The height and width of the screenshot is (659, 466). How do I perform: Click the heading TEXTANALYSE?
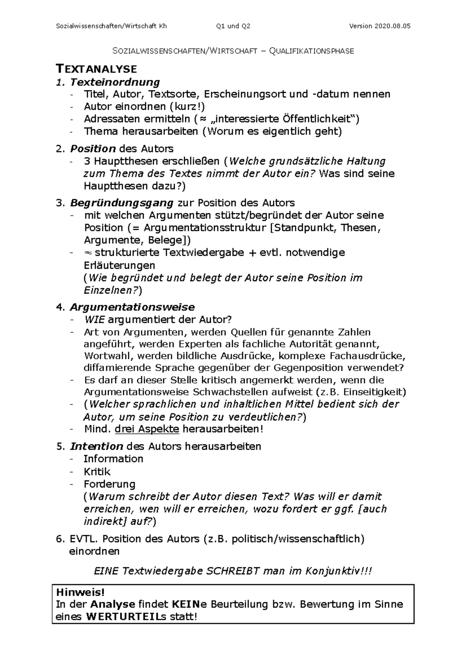coord(97,69)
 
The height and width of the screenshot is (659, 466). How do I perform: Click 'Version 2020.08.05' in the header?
coord(379,26)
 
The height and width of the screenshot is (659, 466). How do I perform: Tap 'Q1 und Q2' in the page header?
coord(233,26)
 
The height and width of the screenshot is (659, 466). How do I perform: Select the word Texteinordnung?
coord(115,82)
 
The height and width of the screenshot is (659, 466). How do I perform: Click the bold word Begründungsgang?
coord(122,203)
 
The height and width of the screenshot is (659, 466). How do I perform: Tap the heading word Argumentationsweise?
coord(132,307)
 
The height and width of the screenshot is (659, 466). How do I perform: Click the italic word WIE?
coord(94,320)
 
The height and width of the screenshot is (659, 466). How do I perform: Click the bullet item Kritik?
coord(97,472)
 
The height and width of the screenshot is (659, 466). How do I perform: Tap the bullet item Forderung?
coord(110,484)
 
